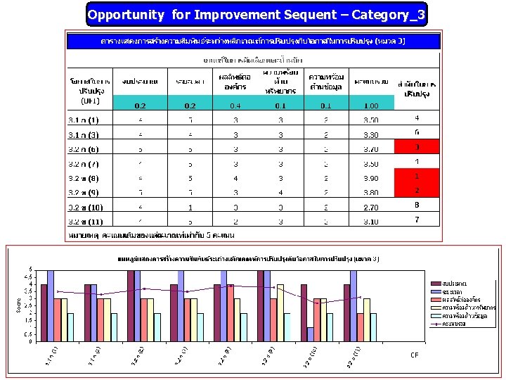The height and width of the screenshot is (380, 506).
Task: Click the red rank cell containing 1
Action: [417, 176]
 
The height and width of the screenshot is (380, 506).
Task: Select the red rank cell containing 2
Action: [417, 191]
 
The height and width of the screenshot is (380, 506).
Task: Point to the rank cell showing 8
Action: [417, 205]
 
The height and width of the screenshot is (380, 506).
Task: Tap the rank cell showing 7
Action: [417, 220]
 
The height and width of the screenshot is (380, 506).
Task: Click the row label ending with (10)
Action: [85, 208]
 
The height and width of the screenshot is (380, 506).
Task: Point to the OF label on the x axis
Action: [415, 355]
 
